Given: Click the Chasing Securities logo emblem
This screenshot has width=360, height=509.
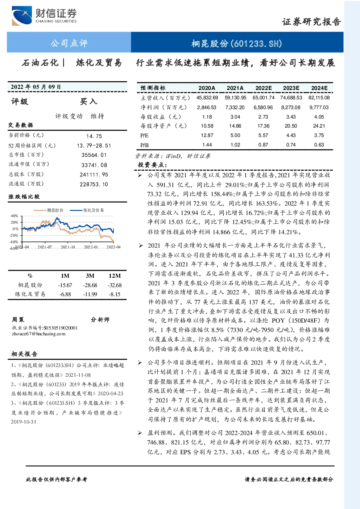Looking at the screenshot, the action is (22, 16).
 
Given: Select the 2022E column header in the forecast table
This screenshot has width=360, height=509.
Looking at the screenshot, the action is (263, 88).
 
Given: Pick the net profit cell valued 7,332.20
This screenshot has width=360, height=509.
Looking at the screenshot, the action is (235, 107).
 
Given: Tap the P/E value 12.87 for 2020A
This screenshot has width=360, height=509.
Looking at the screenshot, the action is (207, 136).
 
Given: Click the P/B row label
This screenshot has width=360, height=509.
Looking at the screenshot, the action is (144, 145).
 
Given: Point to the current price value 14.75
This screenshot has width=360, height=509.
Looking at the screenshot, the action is (94, 136).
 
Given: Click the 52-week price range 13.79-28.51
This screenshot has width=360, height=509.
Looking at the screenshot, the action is (94, 146).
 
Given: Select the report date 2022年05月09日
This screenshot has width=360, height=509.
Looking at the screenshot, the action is (36, 87).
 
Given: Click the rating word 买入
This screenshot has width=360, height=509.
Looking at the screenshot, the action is (88, 102).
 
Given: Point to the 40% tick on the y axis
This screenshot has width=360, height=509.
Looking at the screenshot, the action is (14, 216).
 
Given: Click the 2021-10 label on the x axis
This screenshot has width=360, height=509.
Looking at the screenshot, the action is (68, 247).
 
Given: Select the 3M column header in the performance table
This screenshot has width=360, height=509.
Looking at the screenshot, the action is (90, 276).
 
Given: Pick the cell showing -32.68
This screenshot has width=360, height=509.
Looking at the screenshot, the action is (115, 285).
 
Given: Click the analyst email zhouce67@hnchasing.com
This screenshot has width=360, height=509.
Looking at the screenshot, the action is (39, 334).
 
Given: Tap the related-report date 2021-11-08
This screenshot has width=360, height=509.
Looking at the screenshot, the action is (78, 375).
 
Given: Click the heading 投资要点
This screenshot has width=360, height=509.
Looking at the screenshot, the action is (152, 165).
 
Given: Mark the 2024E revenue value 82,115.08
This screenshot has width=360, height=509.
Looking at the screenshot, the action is (319, 98).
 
